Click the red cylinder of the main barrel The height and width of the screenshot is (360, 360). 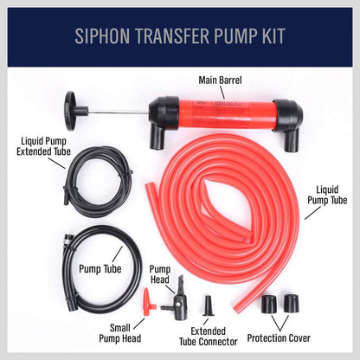pos(220,113)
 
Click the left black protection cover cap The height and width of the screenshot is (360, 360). pos(269,305)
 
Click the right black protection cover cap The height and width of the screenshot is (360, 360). pos(291,305)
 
